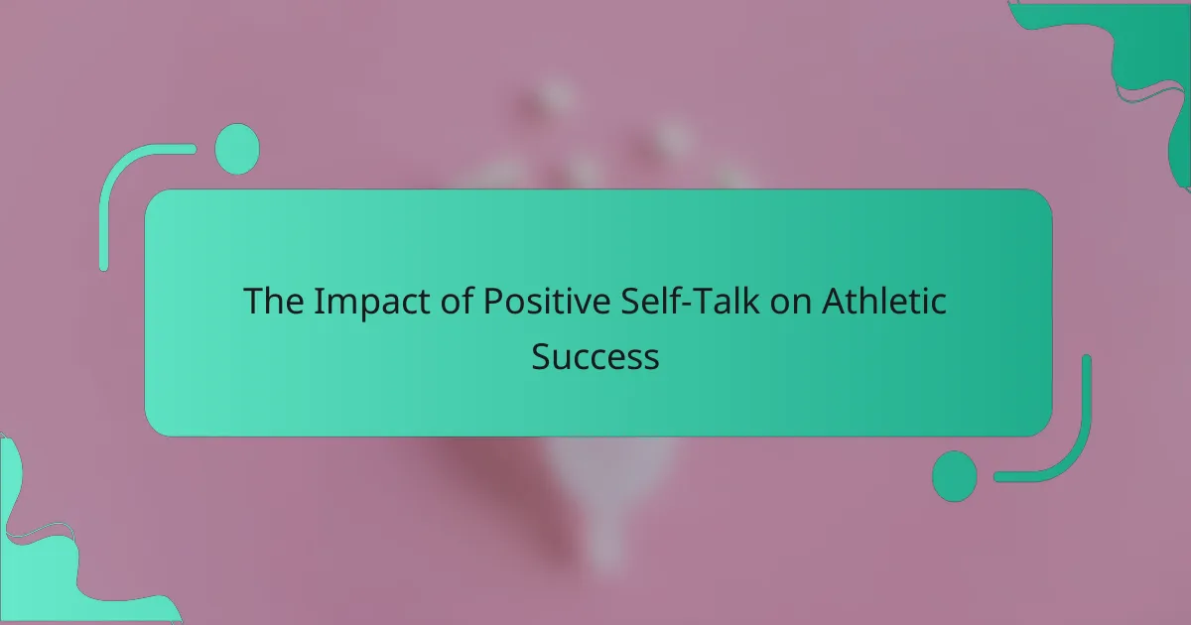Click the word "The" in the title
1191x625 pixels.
point(274,301)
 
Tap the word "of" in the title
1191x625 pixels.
point(457,301)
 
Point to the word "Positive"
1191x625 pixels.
point(547,301)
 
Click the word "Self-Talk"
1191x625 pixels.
point(690,301)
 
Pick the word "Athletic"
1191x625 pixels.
point(883,301)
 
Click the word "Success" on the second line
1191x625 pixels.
point(595,356)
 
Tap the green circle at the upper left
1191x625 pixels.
point(237,149)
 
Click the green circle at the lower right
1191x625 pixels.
point(955,476)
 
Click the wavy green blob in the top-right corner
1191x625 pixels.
point(1143,54)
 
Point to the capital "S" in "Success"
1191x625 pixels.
point(541,356)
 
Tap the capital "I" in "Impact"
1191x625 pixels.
point(318,302)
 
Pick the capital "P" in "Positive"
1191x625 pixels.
point(493,302)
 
